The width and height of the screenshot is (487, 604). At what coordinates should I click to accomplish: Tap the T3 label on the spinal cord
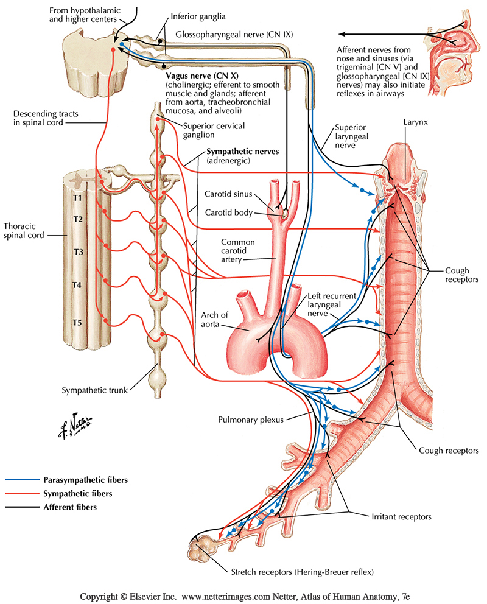click(x=79, y=251)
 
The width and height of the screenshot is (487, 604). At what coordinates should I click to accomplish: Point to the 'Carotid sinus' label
click(x=226, y=194)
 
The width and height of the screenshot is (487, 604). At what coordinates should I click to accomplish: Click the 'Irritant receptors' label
click(x=401, y=517)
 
